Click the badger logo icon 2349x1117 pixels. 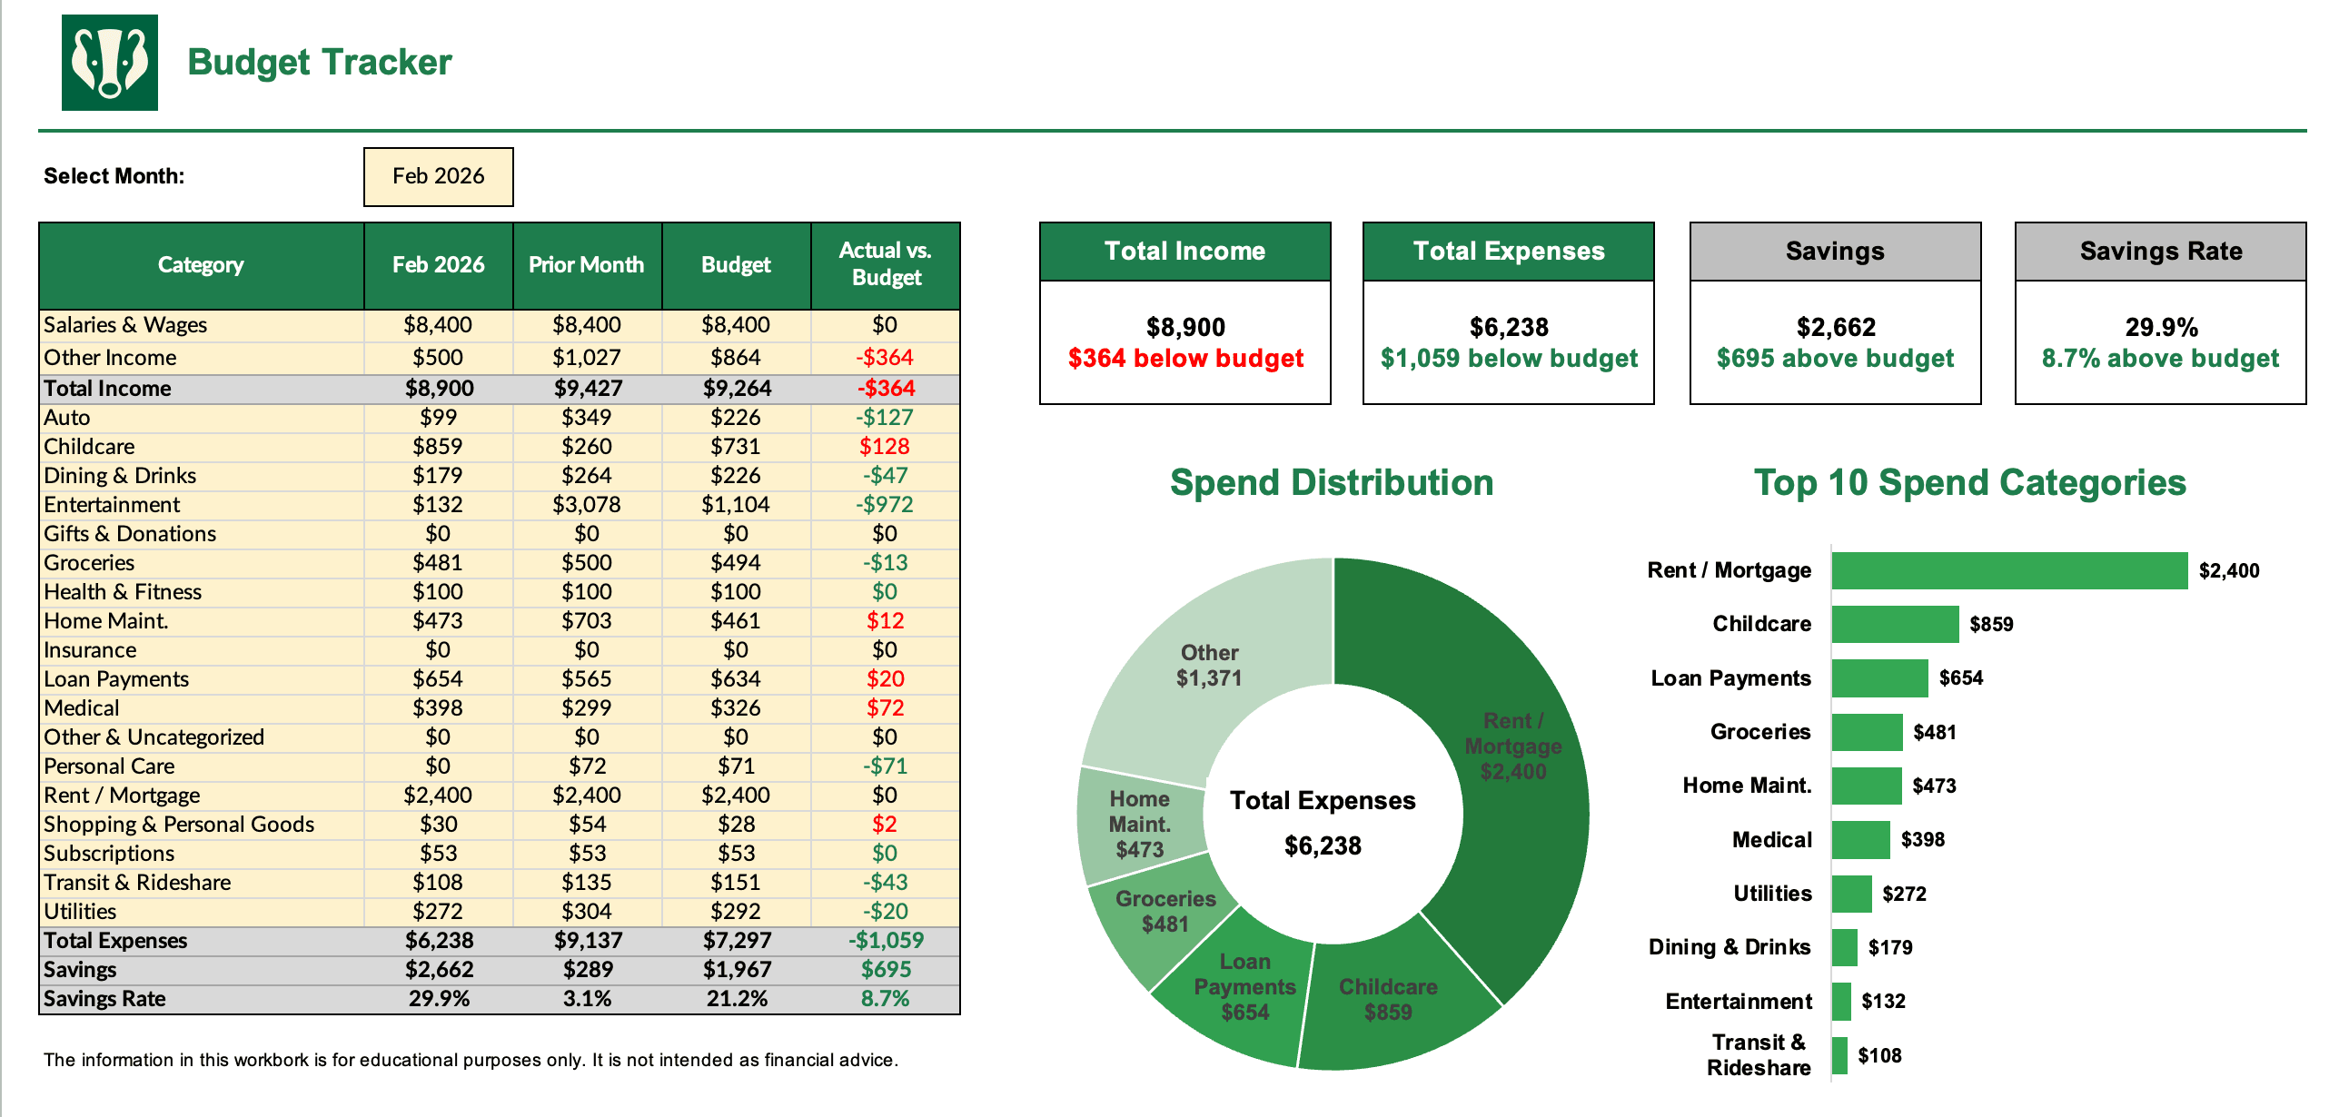[109, 62]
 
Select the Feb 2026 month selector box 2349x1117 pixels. [438, 176]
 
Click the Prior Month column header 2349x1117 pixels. [586, 264]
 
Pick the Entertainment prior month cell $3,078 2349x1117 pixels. [586, 504]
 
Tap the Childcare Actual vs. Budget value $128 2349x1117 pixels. [884, 446]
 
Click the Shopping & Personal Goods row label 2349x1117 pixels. [179, 825]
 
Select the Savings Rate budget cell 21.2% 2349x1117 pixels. [736, 998]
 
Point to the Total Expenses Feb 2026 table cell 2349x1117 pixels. [439, 940]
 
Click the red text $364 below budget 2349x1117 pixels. [1184, 359]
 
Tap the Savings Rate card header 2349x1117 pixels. [2159, 251]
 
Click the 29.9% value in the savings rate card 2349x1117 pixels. [2160, 326]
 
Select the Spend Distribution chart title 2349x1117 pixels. [1331, 482]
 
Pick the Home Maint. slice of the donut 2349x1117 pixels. [1139, 824]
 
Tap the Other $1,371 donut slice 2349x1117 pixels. [1208, 665]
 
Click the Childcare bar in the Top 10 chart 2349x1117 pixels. [1894, 624]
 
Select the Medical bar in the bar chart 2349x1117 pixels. [1859, 839]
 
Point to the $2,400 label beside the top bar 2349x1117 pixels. [2227, 571]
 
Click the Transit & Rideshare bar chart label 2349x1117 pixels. [1757, 1055]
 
